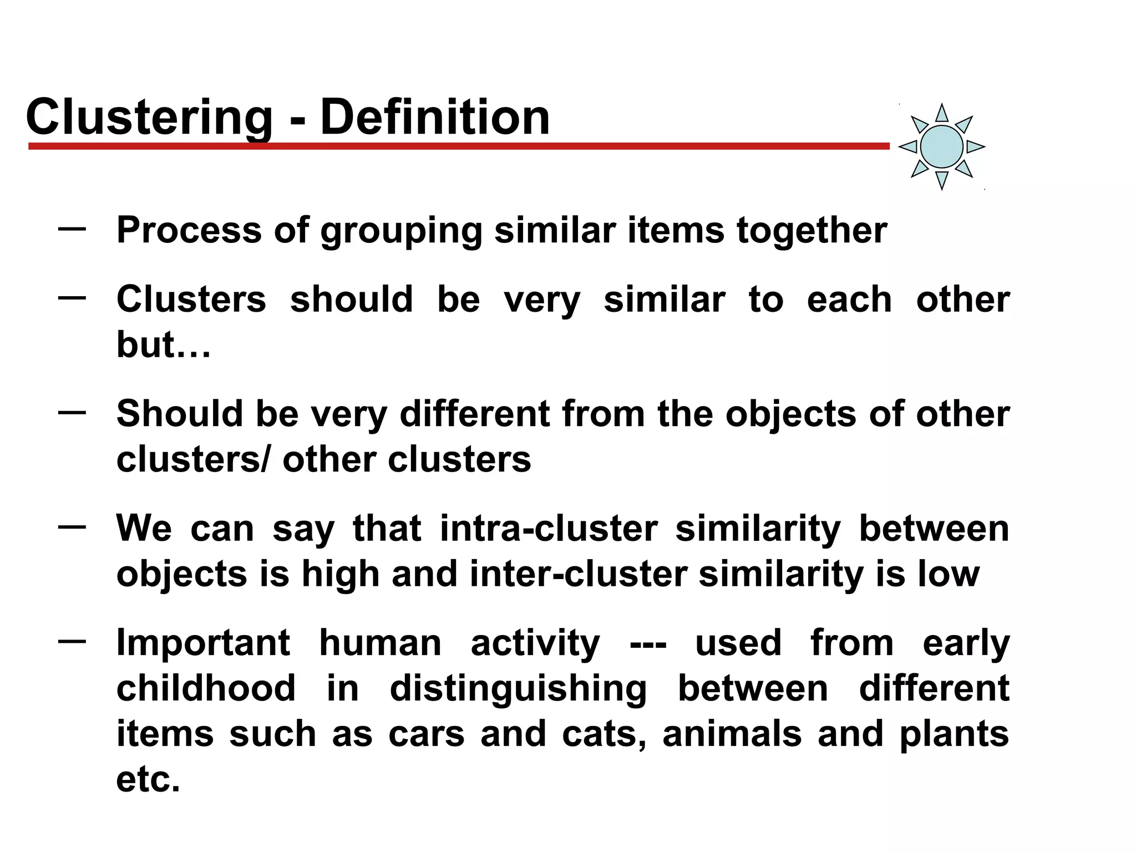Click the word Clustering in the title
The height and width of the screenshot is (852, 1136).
tap(149, 118)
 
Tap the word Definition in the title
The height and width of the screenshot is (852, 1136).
tap(435, 118)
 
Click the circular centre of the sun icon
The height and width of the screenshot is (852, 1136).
tap(941, 146)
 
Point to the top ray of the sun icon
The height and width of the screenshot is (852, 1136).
tap(941, 113)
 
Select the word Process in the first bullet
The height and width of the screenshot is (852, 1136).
tap(189, 230)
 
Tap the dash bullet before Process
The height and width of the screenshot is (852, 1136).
tap(72, 228)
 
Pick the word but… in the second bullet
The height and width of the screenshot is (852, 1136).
tap(164, 345)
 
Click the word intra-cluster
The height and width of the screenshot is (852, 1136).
tap(549, 528)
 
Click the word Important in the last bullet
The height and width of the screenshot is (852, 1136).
tap(203, 643)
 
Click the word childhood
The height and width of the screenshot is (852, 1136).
tap(206, 688)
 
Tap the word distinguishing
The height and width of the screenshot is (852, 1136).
tap(518, 688)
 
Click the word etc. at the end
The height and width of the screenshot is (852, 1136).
tap(148, 779)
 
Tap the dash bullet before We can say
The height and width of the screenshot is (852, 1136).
tap(72, 526)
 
